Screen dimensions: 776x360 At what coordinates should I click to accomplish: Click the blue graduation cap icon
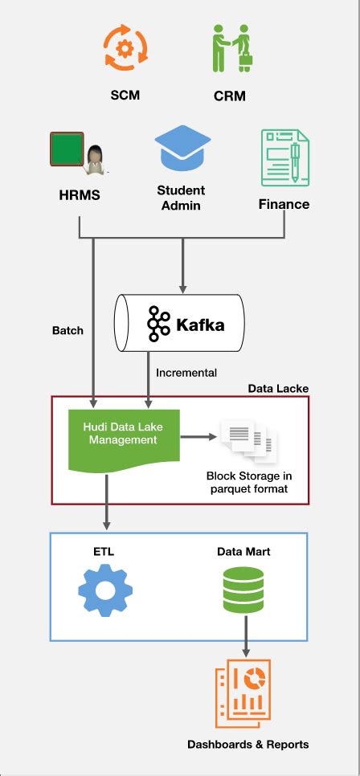tap(182, 149)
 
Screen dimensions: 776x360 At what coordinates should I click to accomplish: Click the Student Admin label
tap(181, 198)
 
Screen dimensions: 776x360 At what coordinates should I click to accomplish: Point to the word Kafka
tap(201, 325)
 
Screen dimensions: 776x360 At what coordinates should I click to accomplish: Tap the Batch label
tap(67, 330)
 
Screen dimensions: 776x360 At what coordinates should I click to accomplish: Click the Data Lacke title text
tap(278, 388)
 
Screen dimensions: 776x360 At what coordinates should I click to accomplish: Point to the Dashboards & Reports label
tap(247, 745)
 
